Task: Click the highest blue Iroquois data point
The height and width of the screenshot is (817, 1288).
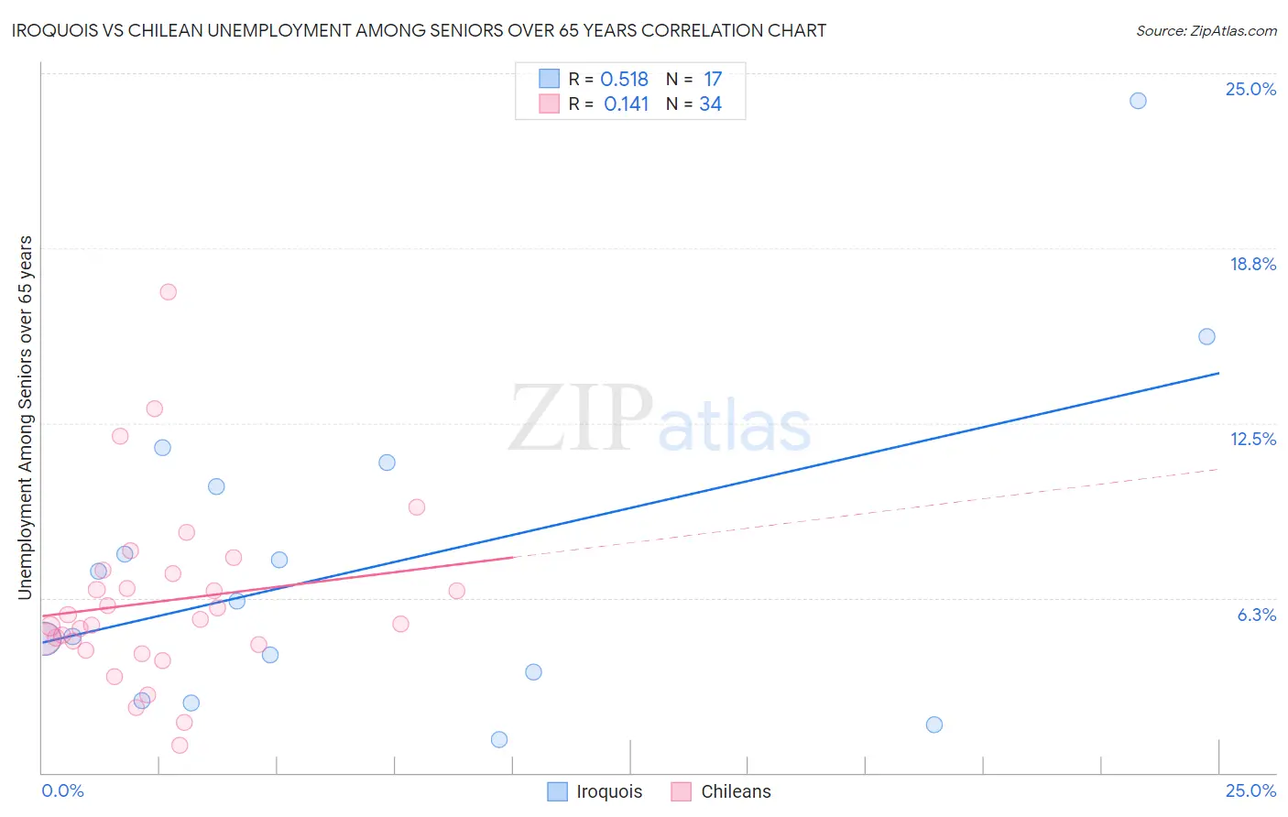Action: pyautogui.click(x=1138, y=101)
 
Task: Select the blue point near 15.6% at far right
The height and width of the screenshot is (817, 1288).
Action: pyautogui.click(x=1206, y=337)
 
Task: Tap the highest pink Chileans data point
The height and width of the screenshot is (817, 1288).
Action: pyautogui.click(x=168, y=292)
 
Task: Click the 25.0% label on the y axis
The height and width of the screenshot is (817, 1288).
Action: pyautogui.click(x=1250, y=89)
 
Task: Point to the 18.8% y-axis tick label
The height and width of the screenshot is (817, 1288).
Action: pyautogui.click(x=1252, y=264)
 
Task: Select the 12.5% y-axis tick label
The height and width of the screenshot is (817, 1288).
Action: pyautogui.click(x=1252, y=439)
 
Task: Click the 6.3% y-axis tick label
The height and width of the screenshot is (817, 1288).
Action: pyautogui.click(x=1256, y=615)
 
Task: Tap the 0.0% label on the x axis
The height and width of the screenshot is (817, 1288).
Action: pyautogui.click(x=62, y=790)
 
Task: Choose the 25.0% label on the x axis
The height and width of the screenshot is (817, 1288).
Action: pyautogui.click(x=1250, y=790)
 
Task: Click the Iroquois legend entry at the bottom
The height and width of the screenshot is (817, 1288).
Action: pyautogui.click(x=595, y=791)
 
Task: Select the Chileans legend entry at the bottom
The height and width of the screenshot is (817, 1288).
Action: pyautogui.click(x=721, y=791)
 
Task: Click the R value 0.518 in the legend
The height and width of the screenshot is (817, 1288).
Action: pyautogui.click(x=624, y=80)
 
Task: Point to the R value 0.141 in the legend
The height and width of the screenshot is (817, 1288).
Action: pyautogui.click(x=626, y=104)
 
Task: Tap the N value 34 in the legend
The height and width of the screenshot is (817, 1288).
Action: pyautogui.click(x=710, y=104)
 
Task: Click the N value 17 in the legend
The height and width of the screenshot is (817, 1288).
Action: pyautogui.click(x=712, y=80)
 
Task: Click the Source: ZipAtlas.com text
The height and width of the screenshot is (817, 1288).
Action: pyautogui.click(x=1206, y=31)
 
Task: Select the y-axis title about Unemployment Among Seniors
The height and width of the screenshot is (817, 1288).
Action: pyautogui.click(x=26, y=418)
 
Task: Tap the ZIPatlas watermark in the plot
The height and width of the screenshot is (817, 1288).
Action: pyautogui.click(x=660, y=419)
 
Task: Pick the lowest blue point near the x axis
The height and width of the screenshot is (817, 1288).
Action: pyautogui.click(x=499, y=739)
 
